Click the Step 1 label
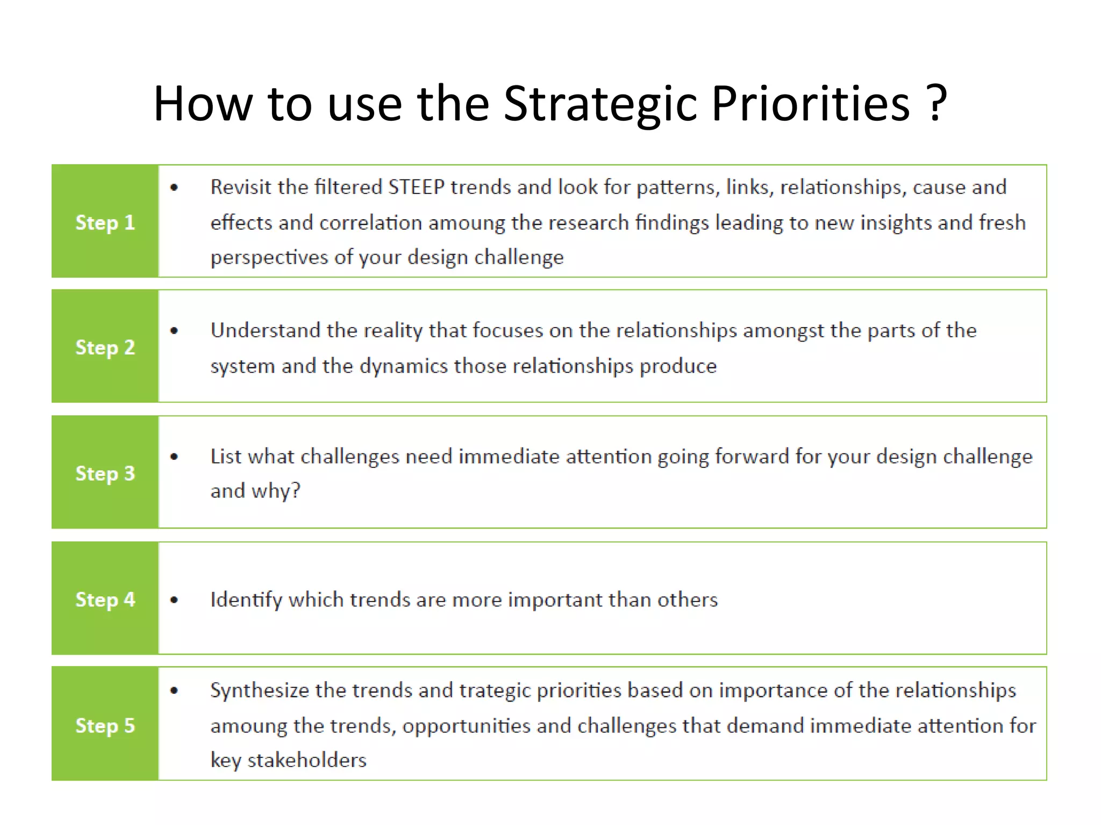[105, 222]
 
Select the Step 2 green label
[105, 347]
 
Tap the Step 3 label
[105, 473]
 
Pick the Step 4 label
[105, 599]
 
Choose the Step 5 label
[105, 725]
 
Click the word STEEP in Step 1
[416, 187]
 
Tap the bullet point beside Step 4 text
[174, 600]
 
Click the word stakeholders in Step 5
[306, 760]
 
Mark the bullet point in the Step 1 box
[174, 187]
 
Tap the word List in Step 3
[222, 456]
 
